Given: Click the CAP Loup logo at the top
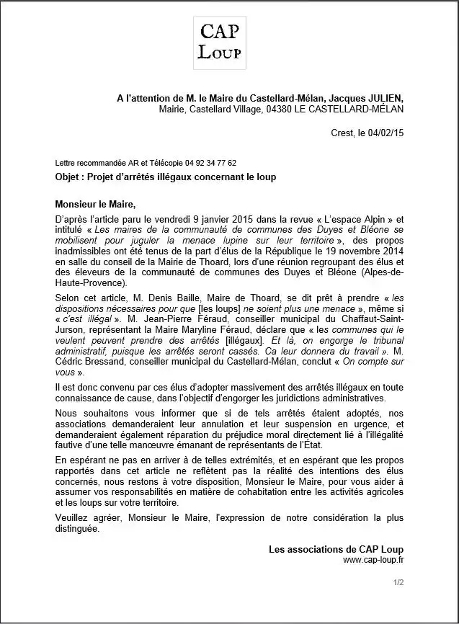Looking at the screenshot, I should point(220,43).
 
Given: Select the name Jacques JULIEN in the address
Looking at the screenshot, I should point(366,97).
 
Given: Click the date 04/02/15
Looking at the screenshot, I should point(386,133).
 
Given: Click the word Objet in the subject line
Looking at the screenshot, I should point(69,177).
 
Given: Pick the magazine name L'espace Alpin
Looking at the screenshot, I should point(366,215).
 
